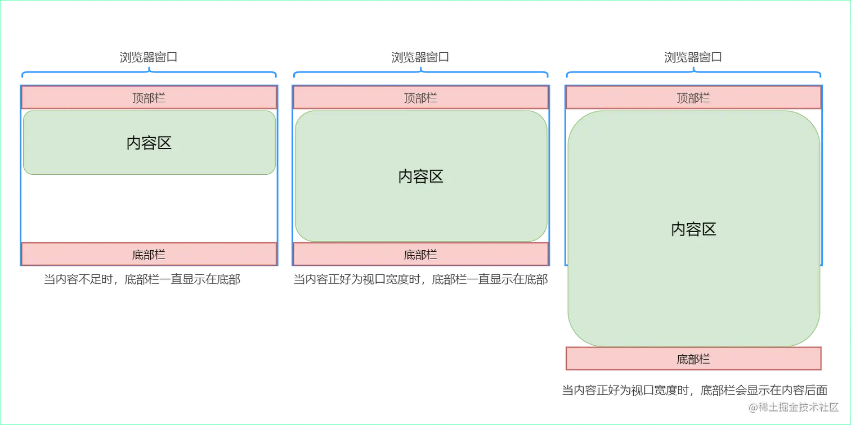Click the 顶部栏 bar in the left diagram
149,98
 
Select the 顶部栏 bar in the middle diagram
420,98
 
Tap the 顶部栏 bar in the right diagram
693,98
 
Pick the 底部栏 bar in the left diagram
149,255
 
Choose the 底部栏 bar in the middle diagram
420,255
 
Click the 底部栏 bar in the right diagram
693,359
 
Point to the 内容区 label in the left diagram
149,143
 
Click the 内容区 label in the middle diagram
421,177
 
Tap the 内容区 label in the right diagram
693,229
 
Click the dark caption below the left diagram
142,280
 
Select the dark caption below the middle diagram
420,280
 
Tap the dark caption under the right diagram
693,390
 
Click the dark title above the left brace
149,56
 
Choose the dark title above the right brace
693,56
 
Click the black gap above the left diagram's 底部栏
149,208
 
